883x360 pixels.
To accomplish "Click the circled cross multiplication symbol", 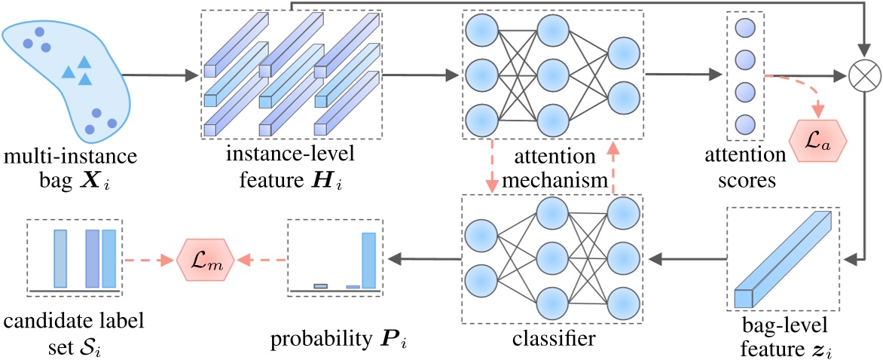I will [x=860, y=75].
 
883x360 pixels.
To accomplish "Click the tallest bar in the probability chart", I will [x=369, y=260].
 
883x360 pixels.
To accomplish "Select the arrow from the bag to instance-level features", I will [x=157, y=75].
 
